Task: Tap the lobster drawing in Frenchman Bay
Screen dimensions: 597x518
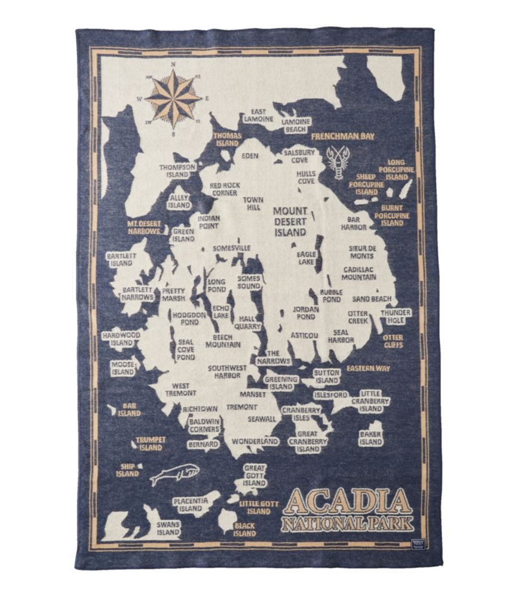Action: coord(338,161)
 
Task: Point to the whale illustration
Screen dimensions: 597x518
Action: coord(174,475)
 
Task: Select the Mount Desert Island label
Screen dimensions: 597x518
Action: coord(290,221)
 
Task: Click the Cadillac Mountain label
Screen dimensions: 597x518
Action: coord(359,273)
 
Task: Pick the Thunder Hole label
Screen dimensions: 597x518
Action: coord(396,316)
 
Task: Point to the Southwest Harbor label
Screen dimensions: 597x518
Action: coord(225,371)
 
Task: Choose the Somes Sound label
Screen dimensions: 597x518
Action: coord(249,282)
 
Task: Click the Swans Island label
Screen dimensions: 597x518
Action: coord(168,528)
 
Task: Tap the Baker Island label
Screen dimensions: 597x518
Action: coord(370,438)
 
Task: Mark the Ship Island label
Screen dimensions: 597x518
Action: coord(127,470)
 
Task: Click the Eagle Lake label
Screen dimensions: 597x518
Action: coord(306,257)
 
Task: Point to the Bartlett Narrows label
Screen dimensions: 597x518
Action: coord(138,293)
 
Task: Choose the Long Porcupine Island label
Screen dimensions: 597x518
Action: coord(396,169)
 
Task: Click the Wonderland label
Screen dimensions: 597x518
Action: coord(255,441)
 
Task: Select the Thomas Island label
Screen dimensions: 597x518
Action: coord(228,139)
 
